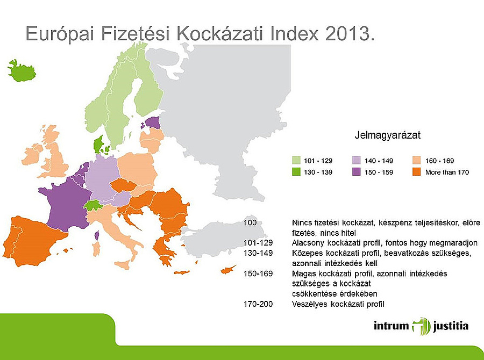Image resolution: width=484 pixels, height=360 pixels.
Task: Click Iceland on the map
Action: click(20, 70)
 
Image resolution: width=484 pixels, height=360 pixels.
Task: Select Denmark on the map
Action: click(99, 144)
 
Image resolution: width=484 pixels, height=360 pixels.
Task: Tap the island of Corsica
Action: click(97, 235)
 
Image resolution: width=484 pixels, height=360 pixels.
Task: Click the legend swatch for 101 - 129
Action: click(296, 160)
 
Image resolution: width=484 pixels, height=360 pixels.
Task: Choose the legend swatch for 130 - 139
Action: click(296, 172)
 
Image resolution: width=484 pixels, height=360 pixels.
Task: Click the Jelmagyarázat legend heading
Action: click(387, 135)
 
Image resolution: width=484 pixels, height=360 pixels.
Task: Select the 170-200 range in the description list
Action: click(258, 305)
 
